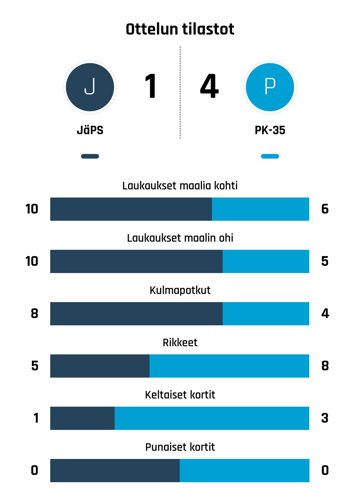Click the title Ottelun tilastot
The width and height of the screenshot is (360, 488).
point(180,29)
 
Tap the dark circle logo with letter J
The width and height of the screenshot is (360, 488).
point(90,87)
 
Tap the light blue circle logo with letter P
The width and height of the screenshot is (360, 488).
point(270,87)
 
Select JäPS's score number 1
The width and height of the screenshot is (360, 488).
point(151,87)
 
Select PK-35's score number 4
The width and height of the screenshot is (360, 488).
point(209,87)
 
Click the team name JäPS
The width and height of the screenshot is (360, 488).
point(90,130)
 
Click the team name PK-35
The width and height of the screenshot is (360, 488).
point(270,130)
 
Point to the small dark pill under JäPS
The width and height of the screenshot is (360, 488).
point(90,156)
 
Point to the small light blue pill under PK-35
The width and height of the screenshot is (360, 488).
point(270,156)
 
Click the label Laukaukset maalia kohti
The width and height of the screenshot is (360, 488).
point(180,186)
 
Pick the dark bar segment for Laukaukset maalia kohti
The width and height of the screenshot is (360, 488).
point(131,209)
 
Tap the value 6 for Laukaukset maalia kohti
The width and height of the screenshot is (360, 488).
point(325,209)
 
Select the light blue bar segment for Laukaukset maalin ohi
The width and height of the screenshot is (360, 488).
point(266,261)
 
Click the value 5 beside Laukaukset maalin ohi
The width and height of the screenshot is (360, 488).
point(325,261)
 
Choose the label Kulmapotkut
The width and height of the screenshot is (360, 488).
point(180,290)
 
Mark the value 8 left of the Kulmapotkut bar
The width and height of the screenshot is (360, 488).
point(35,314)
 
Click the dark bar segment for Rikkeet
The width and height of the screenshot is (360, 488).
point(100,366)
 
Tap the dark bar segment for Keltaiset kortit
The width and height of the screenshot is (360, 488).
point(82,418)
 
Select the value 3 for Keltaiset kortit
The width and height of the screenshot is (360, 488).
point(325,418)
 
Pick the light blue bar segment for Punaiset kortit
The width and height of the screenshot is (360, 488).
point(244,471)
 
